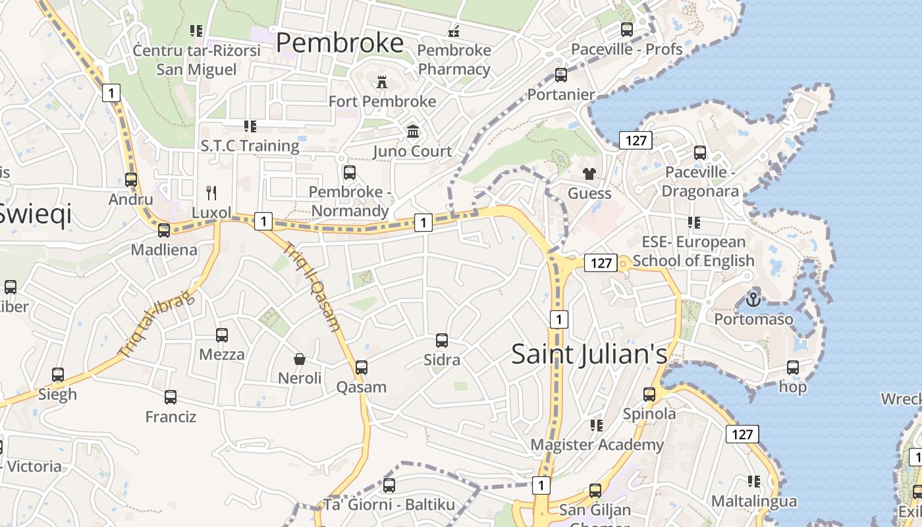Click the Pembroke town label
click(339, 43)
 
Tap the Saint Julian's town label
click(589, 354)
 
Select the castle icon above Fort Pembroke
click(381, 82)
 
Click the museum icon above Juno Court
click(413, 132)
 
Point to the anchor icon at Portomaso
click(753, 300)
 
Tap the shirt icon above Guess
click(589, 174)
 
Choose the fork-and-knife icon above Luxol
click(211, 193)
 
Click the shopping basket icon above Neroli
click(300, 359)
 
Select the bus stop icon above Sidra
click(442, 341)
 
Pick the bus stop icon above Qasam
click(362, 368)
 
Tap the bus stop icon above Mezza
click(222, 335)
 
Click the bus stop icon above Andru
click(131, 179)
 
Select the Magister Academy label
click(597, 445)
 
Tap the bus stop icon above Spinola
click(649, 395)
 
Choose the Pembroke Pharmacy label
click(454, 59)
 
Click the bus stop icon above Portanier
click(561, 75)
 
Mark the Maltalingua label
click(754, 501)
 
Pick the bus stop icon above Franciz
click(171, 397)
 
